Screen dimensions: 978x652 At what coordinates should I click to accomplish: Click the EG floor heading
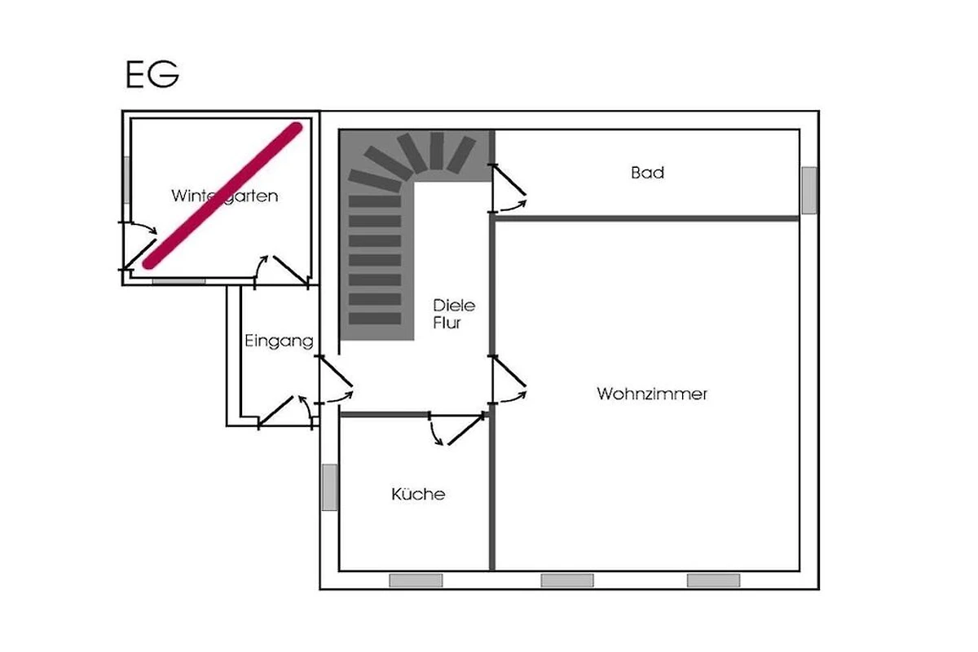tap(152, 74)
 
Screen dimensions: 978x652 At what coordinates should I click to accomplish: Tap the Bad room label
tap(647, 173)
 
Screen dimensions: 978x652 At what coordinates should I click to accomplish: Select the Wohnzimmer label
tap(652, 394)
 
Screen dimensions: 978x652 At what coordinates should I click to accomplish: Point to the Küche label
tap(418, 494)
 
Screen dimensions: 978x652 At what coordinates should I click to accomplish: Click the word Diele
tap(454, 306)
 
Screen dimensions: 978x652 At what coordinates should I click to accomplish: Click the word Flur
tap(447, 324)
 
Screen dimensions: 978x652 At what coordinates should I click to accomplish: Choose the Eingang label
tap(279, 341)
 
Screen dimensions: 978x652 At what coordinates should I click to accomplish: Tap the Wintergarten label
tap(224, 196)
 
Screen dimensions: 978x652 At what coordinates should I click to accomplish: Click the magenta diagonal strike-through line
tap(222, 196)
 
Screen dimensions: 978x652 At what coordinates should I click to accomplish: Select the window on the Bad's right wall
tap(809, 191)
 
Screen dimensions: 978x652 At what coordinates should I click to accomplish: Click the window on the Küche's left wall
tap(329, 487)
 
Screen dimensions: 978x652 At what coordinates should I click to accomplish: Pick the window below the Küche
tap(416, 580)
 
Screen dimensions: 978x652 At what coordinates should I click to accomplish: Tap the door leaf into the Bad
tap(509, 180)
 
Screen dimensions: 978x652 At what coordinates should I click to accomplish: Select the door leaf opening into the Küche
tap(466, 430)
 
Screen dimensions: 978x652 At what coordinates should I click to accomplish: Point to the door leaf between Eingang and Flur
tap(336, 371)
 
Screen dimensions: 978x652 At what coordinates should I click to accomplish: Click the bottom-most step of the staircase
tap(375, 319)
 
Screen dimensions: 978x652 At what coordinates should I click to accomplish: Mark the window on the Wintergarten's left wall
tap(126, 180)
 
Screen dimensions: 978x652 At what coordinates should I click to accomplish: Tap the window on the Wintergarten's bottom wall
tap(179, 281)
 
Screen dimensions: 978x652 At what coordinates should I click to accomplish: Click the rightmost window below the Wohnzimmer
tap(713, 580)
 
